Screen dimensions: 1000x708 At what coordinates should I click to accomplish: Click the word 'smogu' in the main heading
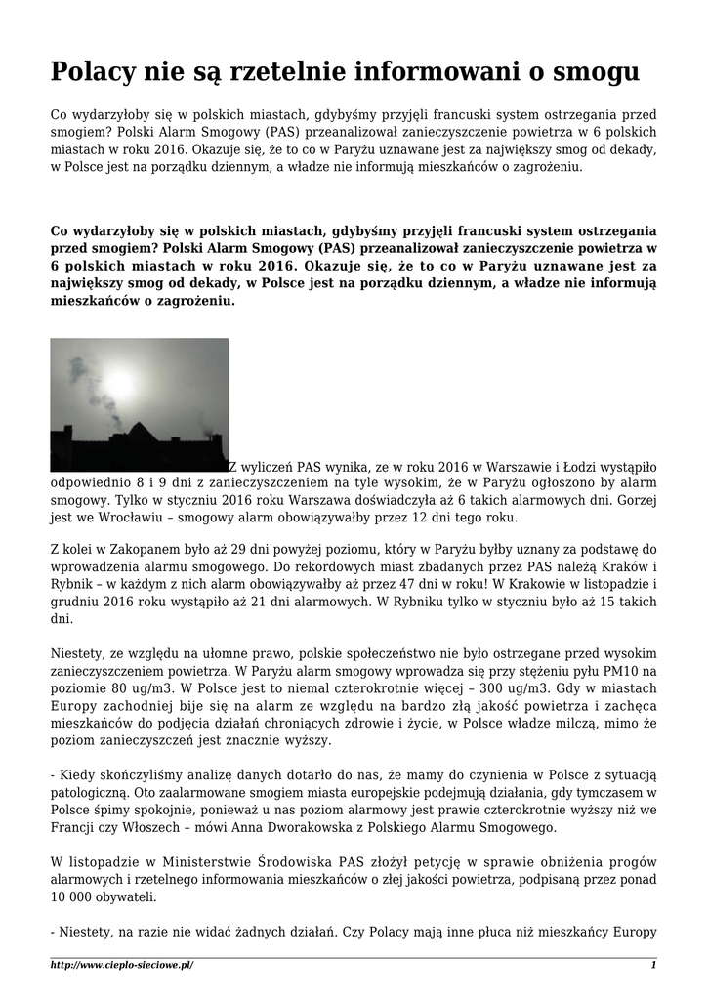click(597, 71)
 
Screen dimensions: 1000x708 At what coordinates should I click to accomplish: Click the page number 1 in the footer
click(653, 965)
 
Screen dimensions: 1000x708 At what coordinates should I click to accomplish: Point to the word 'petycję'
click(419, 862)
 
